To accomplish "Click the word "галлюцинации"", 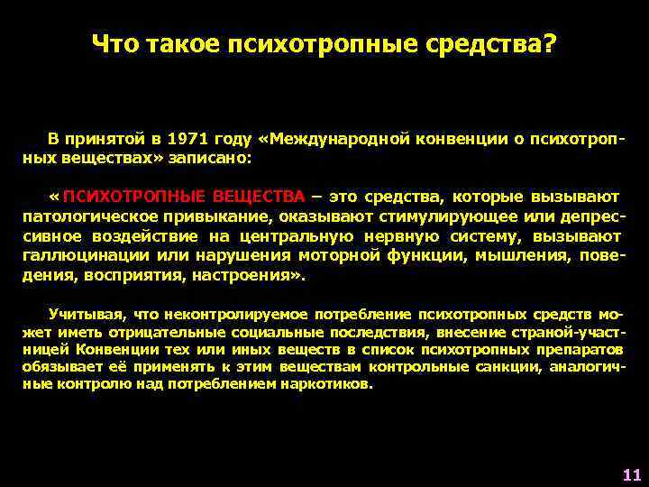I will (78, 256).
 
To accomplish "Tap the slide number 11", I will (631, 474).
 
